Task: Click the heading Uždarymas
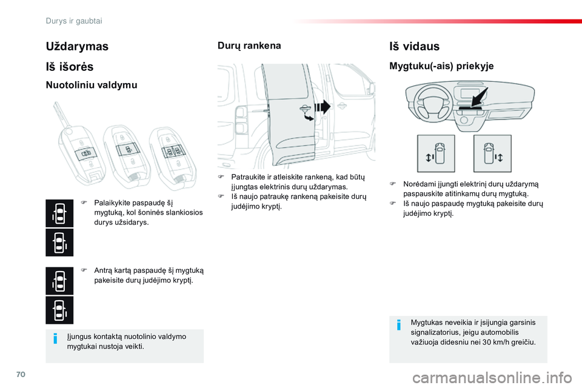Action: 77,46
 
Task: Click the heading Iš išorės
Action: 69,67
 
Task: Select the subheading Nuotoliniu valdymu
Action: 92,85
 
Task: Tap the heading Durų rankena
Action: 249,45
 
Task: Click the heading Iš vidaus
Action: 414,46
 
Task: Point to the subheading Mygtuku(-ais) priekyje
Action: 441,66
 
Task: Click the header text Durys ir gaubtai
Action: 74,21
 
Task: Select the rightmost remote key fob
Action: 172,152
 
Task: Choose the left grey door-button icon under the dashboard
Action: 435,153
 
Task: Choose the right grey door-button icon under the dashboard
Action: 492,153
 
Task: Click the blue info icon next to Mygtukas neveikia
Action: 398,325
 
